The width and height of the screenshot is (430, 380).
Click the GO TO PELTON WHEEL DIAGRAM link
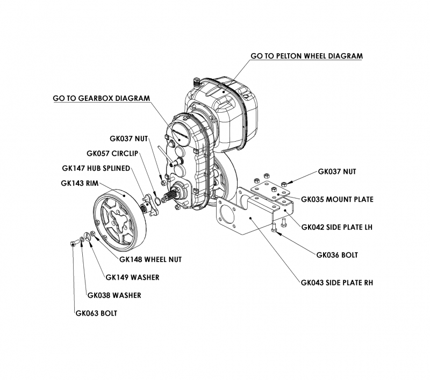307,56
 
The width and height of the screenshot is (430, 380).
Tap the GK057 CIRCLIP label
113,152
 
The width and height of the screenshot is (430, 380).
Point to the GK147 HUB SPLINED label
96,168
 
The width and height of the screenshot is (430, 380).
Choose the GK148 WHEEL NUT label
150,259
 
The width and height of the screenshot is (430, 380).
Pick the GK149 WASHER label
132,277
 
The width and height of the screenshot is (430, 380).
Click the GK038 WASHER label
114,295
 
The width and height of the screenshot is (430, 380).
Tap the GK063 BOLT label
96,313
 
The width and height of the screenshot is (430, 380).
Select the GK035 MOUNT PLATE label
336,199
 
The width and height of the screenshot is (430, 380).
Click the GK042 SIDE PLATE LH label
336,227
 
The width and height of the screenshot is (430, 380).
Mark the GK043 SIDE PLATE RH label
336,283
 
